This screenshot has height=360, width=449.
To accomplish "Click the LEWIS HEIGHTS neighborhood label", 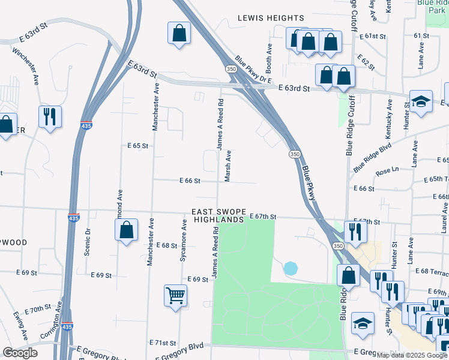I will [271, 18].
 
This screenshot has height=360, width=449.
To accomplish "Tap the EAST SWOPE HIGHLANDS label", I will [218, 216].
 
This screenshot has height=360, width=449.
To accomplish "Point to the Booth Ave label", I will [270, 54].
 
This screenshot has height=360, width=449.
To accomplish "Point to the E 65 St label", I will [137, 146].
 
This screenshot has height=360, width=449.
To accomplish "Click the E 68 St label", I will [166, 245].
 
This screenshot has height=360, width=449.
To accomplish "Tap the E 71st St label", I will [162, 343].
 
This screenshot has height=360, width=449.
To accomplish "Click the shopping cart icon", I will [175, 294].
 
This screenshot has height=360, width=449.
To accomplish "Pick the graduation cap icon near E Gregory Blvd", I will [363, 323].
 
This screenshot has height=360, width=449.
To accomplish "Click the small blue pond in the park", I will [290, 268].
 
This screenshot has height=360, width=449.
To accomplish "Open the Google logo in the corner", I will [20, 353].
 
